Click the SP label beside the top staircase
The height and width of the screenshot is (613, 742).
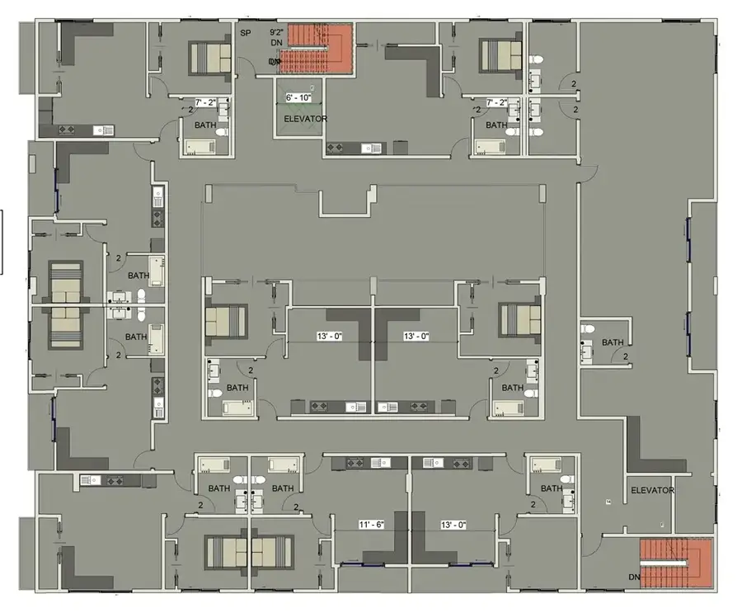[x=245, y=33]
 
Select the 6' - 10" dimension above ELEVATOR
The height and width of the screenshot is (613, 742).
[x=298, y=98]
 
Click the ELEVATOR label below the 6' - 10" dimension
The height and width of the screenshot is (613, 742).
[x=305, y=120]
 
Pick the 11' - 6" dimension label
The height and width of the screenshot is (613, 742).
[x=371, y=525]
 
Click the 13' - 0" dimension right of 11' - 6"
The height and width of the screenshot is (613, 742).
[x=454, y=525]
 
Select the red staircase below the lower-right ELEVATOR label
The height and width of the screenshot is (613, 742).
[x=676, y=563]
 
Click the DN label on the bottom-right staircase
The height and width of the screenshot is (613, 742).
[x=635, y=577]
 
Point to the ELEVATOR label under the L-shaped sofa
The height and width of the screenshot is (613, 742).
[x=652, y=490]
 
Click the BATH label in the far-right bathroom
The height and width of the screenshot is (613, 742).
[x=613, y=342]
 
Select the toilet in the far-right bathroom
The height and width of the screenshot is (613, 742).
[x=587, y=329]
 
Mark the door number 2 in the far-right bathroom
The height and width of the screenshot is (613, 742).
[x=625, y=357]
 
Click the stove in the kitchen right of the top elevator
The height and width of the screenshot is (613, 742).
[x=336, y=149]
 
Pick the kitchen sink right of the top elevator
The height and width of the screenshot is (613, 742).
[x=375, y=149]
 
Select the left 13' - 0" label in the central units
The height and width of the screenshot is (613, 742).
[x=328, y=337]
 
